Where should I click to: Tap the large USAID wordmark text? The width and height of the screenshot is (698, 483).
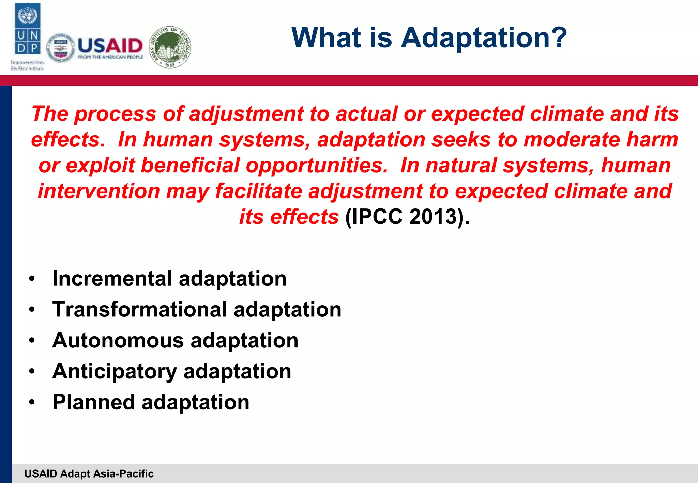tap(110, 46)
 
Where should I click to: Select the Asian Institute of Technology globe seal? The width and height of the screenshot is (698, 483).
tap(170, 47)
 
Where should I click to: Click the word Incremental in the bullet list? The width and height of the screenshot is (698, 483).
tap(112, 279)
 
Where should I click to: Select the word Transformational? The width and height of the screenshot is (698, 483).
tap(140, 310)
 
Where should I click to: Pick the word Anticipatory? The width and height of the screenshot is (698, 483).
tap(115, 371)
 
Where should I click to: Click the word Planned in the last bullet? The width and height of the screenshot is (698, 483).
tap(94, 402)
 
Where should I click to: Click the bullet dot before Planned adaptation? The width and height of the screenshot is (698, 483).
tap(32, 402)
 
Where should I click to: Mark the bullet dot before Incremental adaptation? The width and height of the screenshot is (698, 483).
tap(32, 279)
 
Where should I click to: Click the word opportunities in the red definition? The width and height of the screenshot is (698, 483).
tap(317, 166)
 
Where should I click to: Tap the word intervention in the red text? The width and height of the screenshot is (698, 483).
tap(99, 191)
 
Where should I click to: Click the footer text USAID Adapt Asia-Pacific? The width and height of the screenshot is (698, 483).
tap(89, 474)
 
